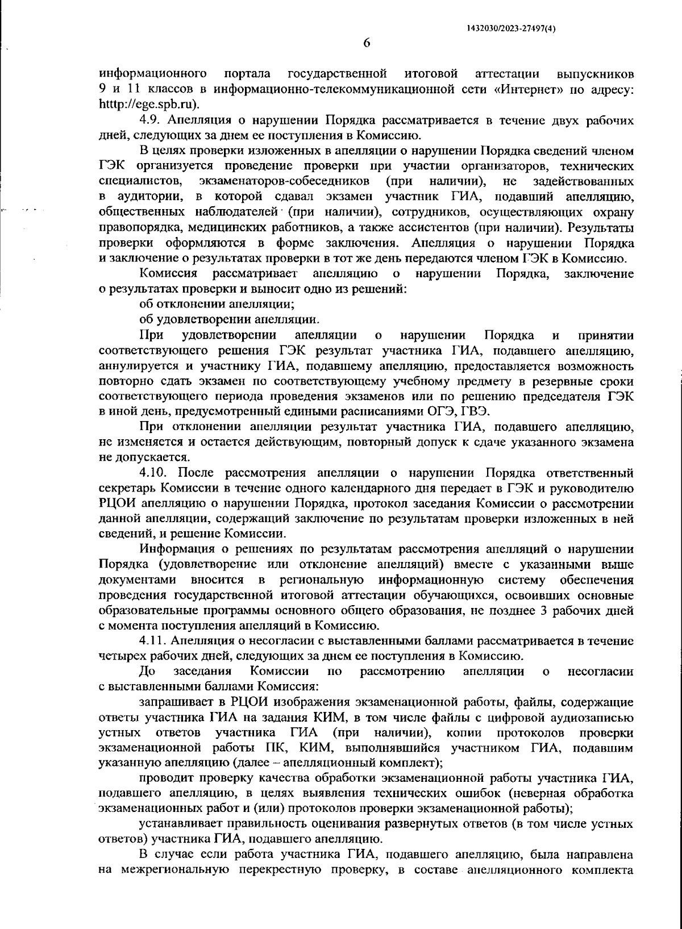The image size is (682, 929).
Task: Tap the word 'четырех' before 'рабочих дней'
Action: (x=120, y=656)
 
